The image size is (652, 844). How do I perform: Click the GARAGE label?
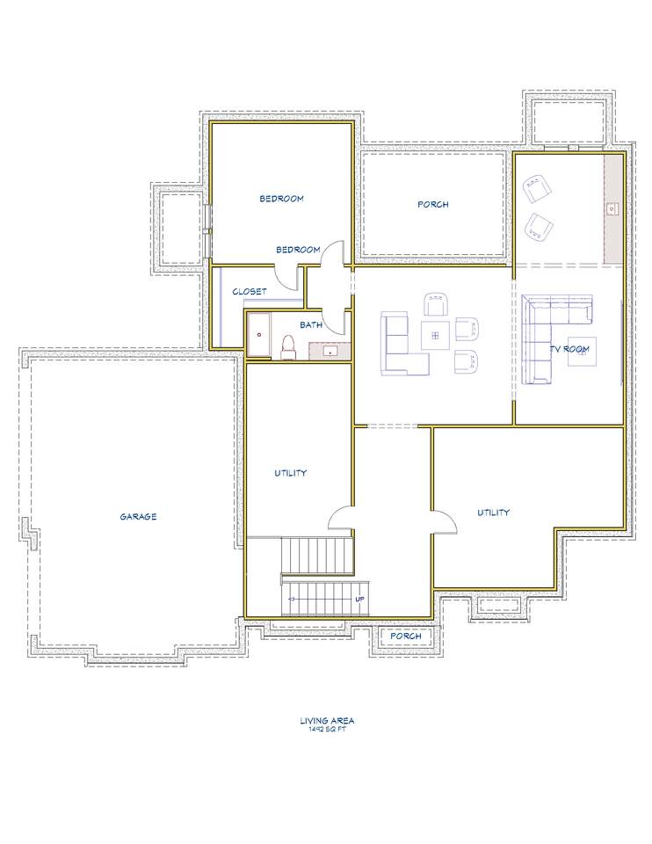tap(138, 517)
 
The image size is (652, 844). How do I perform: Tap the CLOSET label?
tap(249, 292)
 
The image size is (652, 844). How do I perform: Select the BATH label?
tap(311, 324)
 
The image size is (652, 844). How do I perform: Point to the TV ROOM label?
tap(569, 349)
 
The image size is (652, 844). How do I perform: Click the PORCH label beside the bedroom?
tap(433, 205)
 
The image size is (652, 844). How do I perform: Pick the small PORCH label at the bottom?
tap(406, 636)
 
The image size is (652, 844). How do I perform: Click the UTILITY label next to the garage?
tap(291, 473)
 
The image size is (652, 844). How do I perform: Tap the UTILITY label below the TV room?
tap(493, 513)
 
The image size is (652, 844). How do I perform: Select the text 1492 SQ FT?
tap(327, 730)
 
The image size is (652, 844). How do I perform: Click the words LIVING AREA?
tap(327, 721)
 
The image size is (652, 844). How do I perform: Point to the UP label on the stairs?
tap(360, 599)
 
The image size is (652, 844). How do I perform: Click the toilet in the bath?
tap(288, 348)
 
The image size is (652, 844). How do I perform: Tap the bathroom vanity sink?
tap(330, 352)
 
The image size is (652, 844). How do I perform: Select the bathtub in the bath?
tap(258, 335)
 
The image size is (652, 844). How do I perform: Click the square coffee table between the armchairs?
tap(436, 336)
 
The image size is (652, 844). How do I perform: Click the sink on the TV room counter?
tap(612, 207)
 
